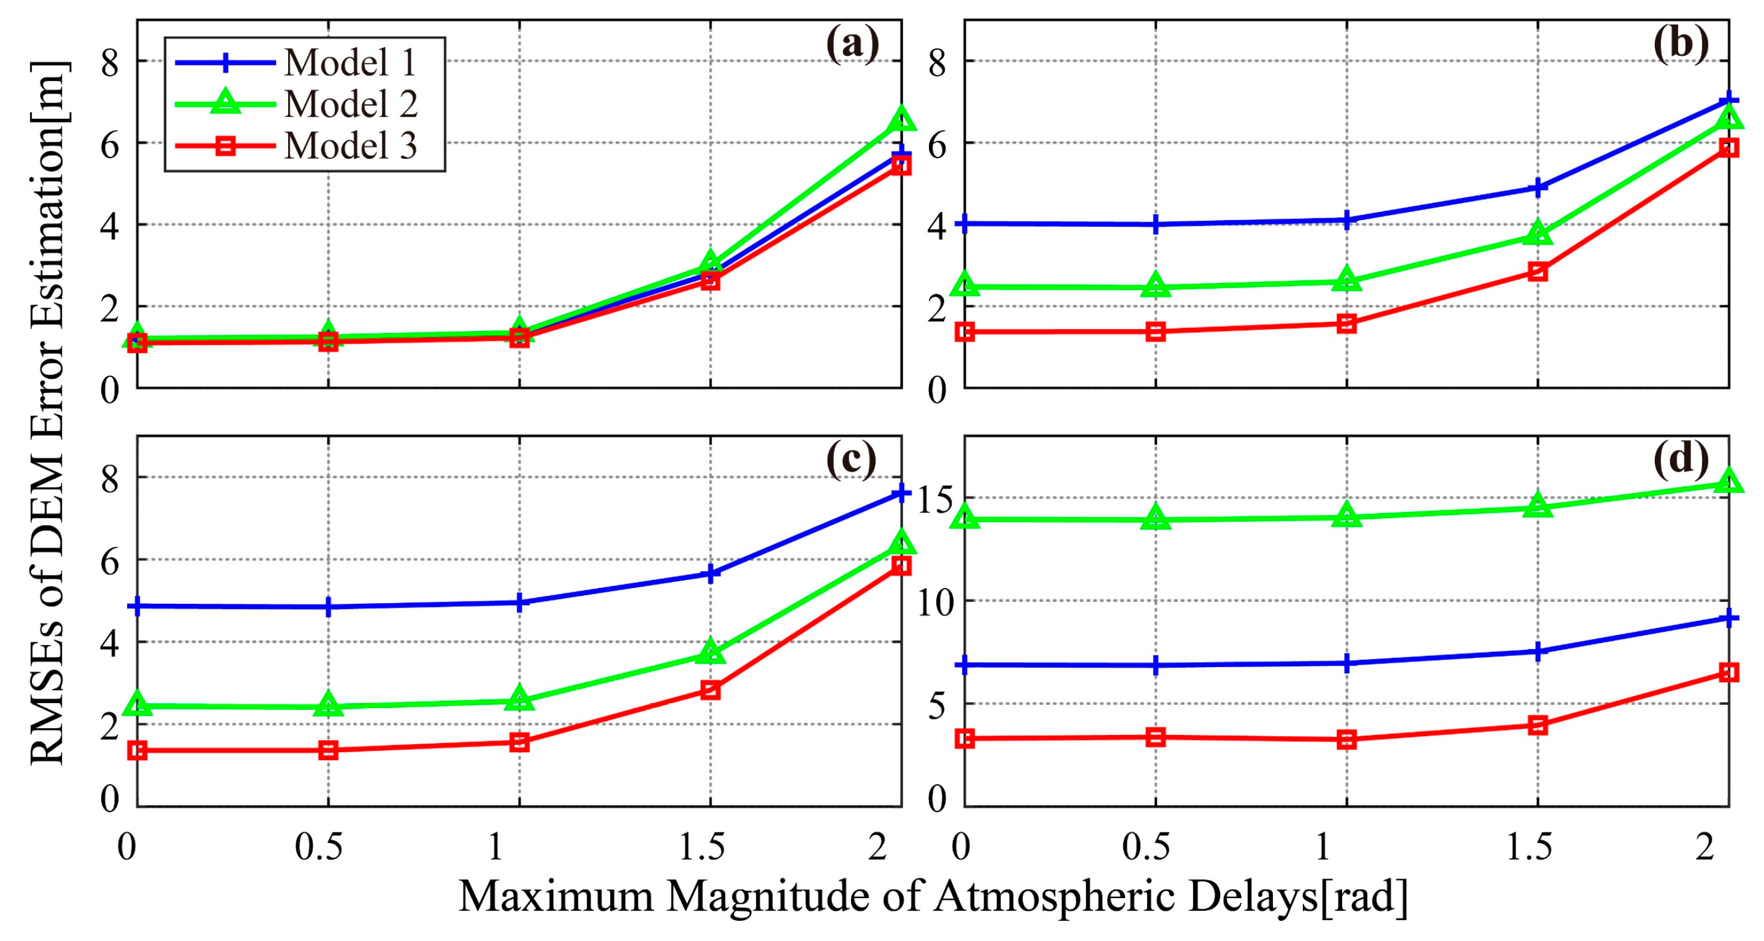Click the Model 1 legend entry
point(349,63)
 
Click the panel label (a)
point(852,45)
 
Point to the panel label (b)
point(1681,45)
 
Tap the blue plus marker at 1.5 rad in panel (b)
point(1538,187)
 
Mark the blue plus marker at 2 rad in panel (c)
point(901,492)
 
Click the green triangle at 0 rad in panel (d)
point(965,517)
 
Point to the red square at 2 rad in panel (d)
point(1729,672)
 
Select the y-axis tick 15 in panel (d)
point(936,499)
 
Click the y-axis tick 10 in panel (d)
point(936,603)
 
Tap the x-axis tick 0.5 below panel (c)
point(318,848)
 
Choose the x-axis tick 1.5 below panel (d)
point(1529,848)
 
